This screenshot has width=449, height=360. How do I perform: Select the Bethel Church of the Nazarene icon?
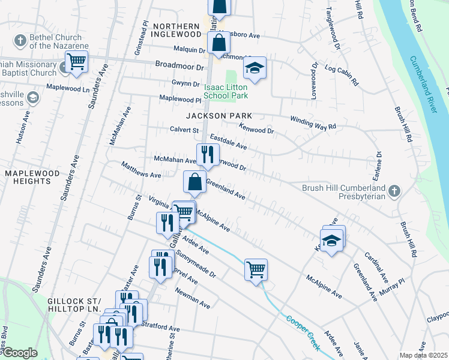pos(20,40)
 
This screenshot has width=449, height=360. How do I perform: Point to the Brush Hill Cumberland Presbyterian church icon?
pos(394,191)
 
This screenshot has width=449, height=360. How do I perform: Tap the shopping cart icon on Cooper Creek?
pos(256,269)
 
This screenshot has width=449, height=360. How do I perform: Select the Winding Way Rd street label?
pos(313,122)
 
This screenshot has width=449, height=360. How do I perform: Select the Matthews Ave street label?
pos(140,170)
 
